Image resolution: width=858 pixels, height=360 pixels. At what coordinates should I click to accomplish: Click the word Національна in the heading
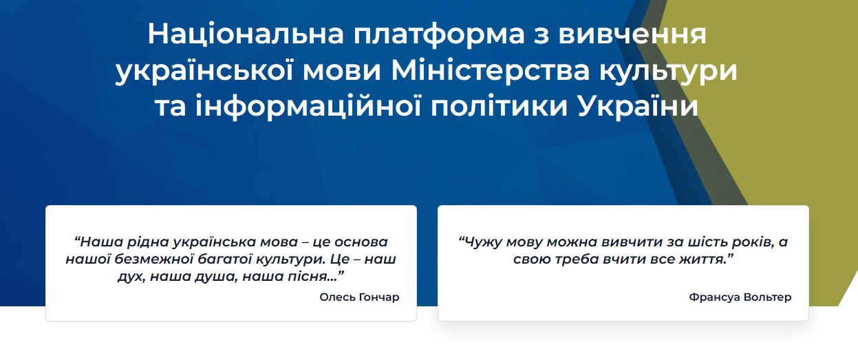click(246, 34)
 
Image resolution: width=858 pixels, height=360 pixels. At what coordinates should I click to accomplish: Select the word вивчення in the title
click(632, 34)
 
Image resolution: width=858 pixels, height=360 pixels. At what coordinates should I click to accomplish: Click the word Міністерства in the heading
click(490, 70)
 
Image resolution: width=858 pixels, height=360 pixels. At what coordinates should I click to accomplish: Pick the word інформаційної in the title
click(308, 107)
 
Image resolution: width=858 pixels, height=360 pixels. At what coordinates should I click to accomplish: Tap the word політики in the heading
click(499, 107)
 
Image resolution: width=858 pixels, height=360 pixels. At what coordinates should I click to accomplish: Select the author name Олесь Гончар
click(359, 297)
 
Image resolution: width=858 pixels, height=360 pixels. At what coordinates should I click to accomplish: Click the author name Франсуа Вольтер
click(740, 297)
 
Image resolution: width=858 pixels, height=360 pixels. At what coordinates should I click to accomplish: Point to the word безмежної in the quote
click(153, 260)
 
